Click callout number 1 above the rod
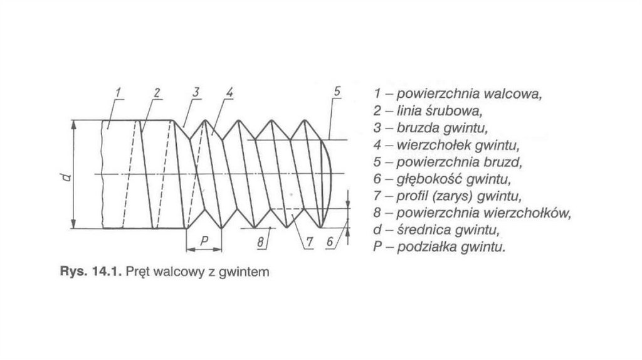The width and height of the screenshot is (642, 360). [117, 93]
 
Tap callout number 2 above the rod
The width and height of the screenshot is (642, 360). [157, 93]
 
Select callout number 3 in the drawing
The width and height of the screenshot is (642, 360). [196, 92]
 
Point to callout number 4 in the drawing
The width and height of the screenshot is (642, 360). [229, 92]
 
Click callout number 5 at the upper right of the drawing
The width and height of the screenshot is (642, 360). [337, 92]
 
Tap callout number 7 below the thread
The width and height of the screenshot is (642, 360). [308, 241]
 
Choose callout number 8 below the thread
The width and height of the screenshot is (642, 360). [259, 240]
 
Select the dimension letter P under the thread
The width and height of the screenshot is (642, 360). [204, 241]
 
